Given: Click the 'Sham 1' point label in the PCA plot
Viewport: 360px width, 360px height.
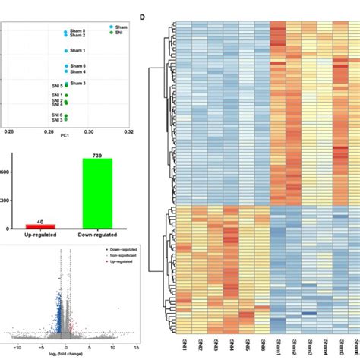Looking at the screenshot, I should tap(78, 50).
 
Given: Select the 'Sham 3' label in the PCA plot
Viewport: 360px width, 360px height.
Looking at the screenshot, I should tap(78, 82).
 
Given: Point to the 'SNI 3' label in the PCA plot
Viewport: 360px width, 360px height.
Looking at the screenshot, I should tap(56, 120).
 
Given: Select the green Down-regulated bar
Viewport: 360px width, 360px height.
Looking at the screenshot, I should tap(93, 193).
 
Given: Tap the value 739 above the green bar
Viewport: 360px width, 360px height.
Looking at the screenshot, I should tap(93, 154).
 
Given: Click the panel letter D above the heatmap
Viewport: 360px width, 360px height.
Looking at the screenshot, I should tap(143, 16).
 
